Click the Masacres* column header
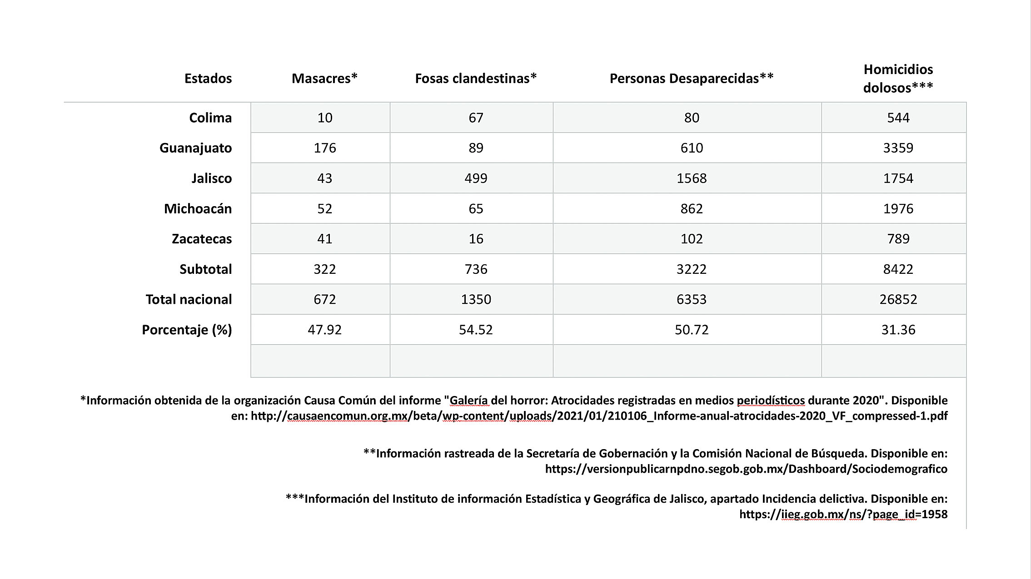(x=324, y=79)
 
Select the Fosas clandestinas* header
(x=476, y=79)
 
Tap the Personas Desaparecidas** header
(x=691, y=79)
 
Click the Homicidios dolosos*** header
(x=898, y=79)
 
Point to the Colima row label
(x=210, y=118)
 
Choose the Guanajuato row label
(x=195, y=148)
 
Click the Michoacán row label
(x=198, y=209)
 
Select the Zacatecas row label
(x=202, y=239)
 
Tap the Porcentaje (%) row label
(x=187, y=330)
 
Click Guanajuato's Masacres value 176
(x=325, y=148)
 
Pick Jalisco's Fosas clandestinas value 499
(x=476, y=178)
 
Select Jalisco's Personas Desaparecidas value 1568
(x=692, y=178)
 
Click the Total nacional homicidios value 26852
(x=898, y=299)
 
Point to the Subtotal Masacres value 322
(x=325, y=269)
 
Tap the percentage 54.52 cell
(x=476, y=330)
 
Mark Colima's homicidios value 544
(x=898, y=118)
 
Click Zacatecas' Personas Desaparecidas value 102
(x=692, y=239)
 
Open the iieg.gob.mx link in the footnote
(x=843, y=515)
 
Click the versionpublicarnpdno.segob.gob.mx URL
(x=746, y=469)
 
